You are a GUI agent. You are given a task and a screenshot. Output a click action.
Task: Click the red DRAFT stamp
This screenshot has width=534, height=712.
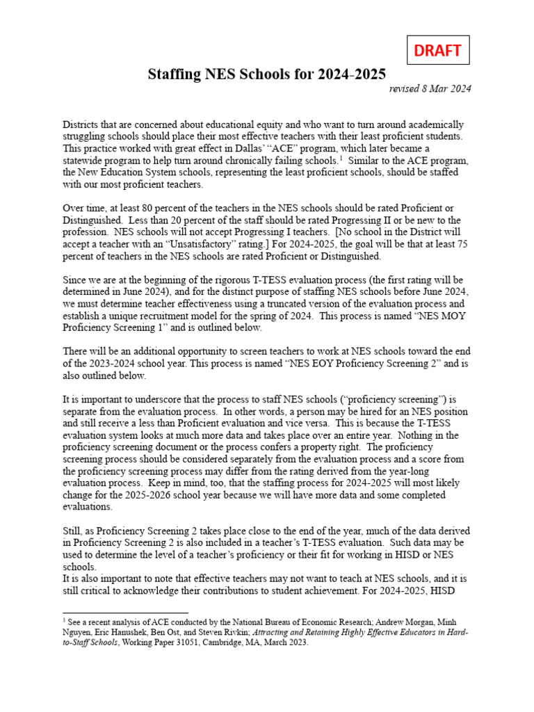tap(438, 51)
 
